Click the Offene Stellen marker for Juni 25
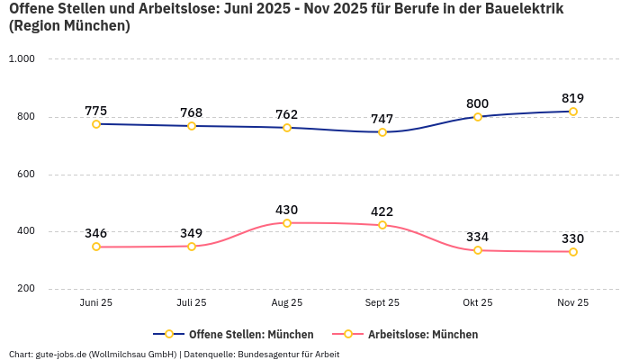(x=96, y=124)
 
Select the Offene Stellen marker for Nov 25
(x=573, y=112)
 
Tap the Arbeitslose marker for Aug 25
(x=287, y=223)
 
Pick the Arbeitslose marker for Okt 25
(x=478, y=250)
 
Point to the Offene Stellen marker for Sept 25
(x=382, y=132)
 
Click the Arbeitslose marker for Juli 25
(x=192, y=247)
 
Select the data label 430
(x=287, y=210)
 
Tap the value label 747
(x=382, y=119)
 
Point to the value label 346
(x=96, y=233)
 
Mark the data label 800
(x=478, y=103)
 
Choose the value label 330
(x=573, y=238)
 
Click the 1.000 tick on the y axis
(x=21, y=59)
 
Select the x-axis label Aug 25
(x=287, y=303)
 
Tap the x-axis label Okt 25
(x=478, y=303)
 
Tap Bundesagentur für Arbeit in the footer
(x=288, y=354)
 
